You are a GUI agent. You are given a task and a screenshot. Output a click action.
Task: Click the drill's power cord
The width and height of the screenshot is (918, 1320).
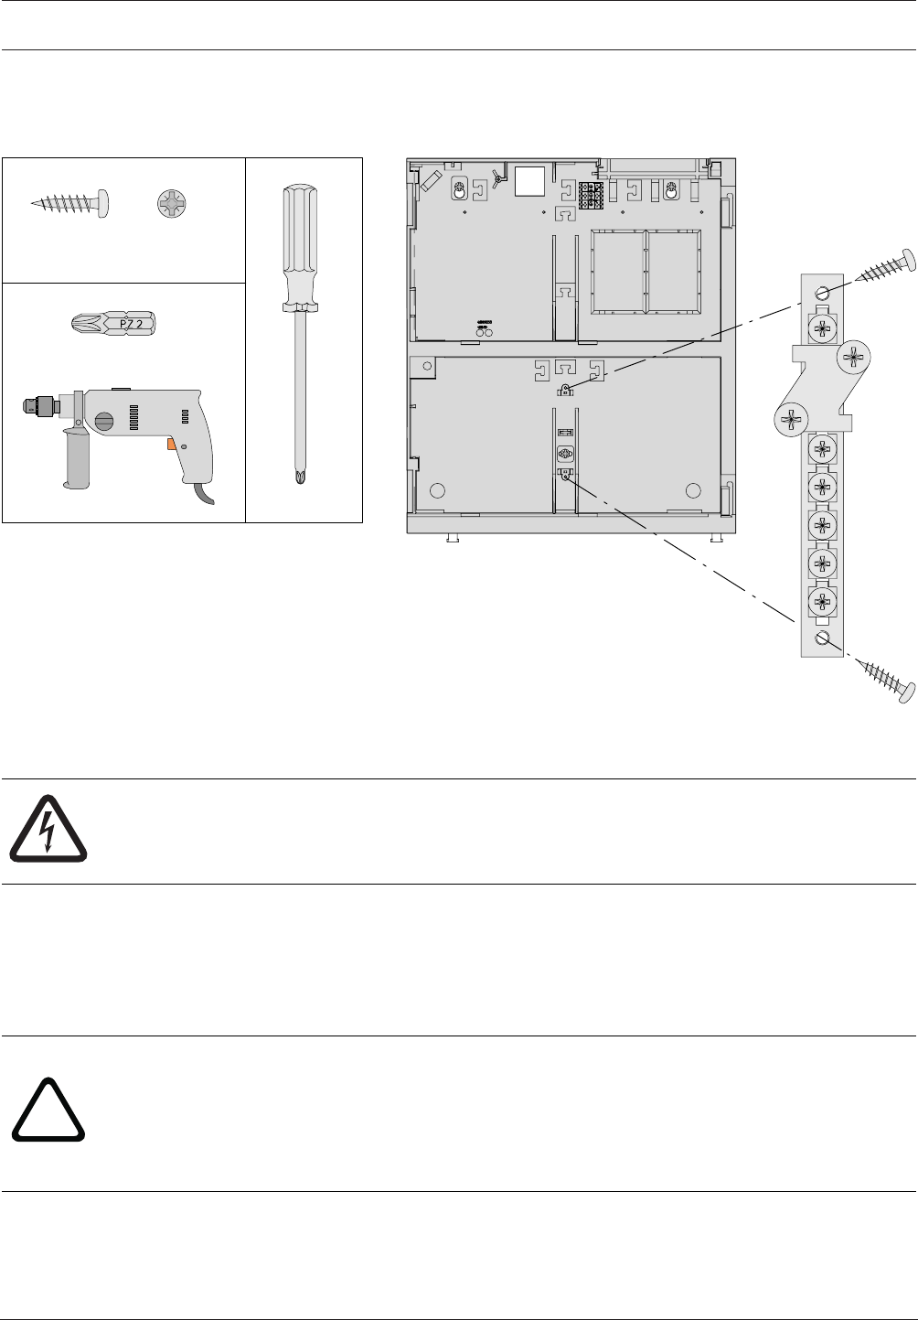(x=207, y=493)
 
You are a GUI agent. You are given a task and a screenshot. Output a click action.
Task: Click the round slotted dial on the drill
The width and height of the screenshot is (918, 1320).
(x=102, y=423)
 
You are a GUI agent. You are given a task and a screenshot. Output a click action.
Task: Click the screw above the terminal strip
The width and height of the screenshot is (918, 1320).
(x=887, y=266)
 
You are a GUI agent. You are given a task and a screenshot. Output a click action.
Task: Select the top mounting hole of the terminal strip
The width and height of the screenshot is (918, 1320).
(x=821, y=294)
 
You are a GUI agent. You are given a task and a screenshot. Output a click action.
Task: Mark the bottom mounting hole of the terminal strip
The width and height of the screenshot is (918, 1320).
(x=821, y=639)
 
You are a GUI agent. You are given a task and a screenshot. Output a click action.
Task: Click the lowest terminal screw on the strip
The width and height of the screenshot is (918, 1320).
(x=821, y=601)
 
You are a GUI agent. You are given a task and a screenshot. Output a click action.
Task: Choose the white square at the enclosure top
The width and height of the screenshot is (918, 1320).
(x=530, y=181)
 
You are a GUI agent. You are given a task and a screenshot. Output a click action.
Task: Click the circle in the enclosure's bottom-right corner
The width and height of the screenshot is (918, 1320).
(x=694, y=488)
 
